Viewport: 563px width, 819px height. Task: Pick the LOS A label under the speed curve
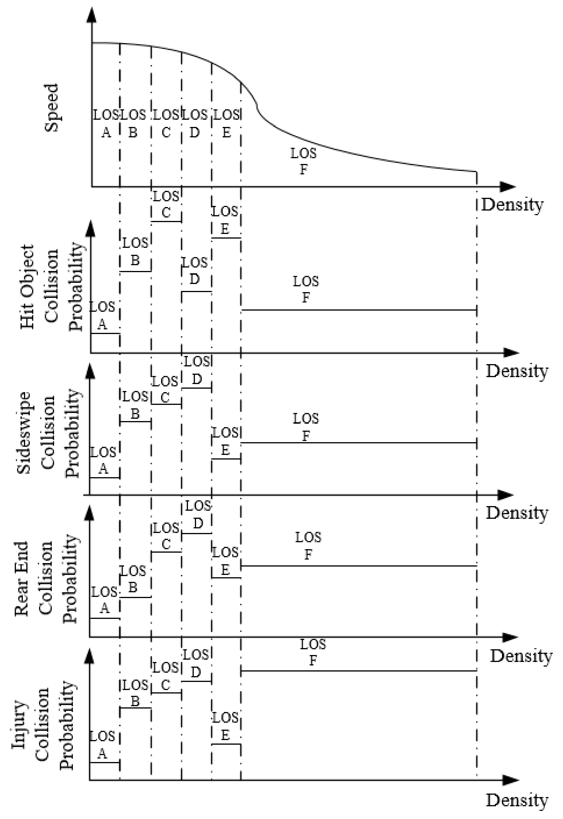(x=106, y=123)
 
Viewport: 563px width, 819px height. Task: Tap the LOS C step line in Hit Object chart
(x=166, y=222)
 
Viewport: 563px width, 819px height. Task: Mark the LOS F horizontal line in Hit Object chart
(x=358, y=310)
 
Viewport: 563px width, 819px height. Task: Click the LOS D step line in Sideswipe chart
(x=196, y=388)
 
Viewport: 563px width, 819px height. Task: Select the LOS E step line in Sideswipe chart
(x=226, y=459)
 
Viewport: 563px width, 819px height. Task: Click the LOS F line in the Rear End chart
(x=358, y=566)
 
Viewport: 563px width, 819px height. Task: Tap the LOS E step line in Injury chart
(x=226, y=744)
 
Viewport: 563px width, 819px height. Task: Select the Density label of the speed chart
(x=512, y=204)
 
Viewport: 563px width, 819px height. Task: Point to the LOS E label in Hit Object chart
(x=225, y=220)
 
